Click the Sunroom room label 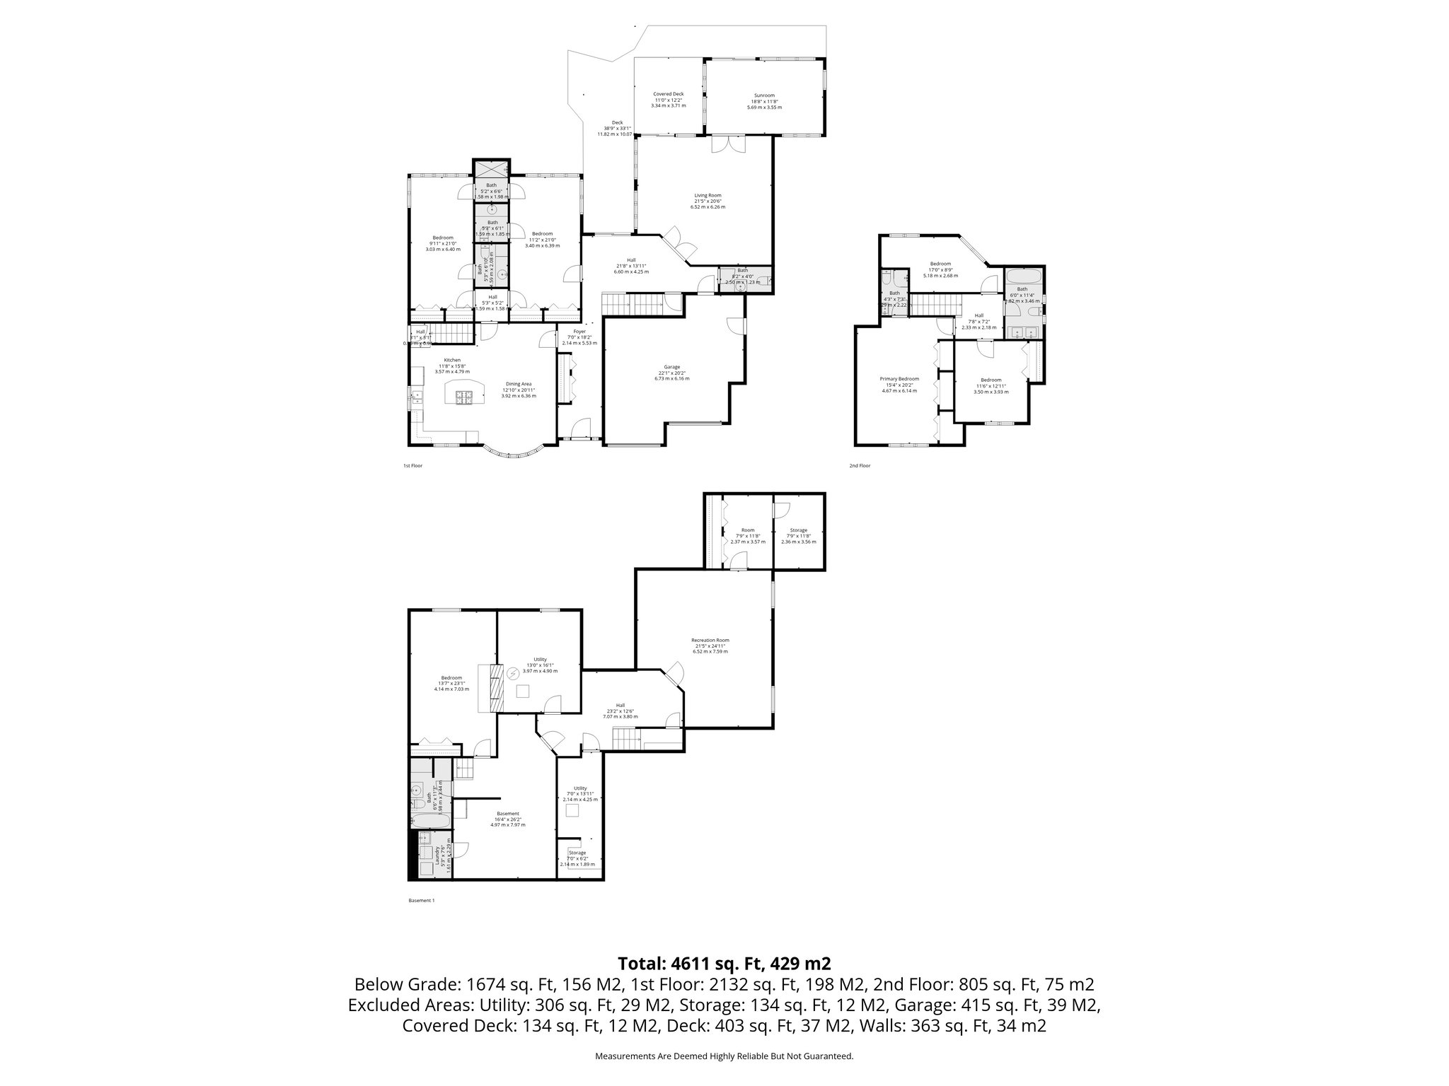coord(764,101)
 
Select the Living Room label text coord(708,201)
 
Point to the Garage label coord(671,373)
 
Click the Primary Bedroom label coord(899,385)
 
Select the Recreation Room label coord(710,645)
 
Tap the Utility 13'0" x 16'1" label coord(540,665)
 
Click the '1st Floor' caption coord(412,466)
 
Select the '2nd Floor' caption coord(860,466)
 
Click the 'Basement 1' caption coord(422,901)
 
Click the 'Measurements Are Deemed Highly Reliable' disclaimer coord(724,1056)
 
